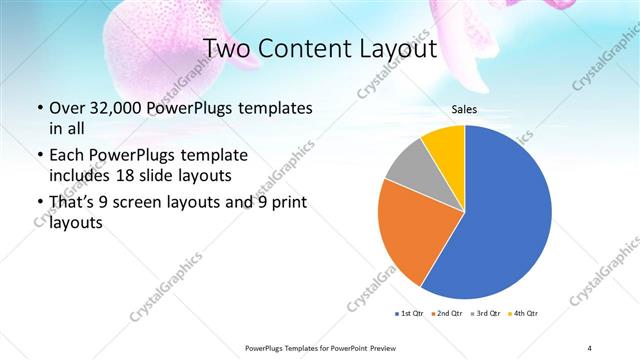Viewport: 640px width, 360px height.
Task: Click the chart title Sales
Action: (x=464, y=109)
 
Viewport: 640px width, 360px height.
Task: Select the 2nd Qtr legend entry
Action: (x=448, y=314)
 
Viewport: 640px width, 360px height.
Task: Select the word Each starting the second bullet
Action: (x=66, y=156)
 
